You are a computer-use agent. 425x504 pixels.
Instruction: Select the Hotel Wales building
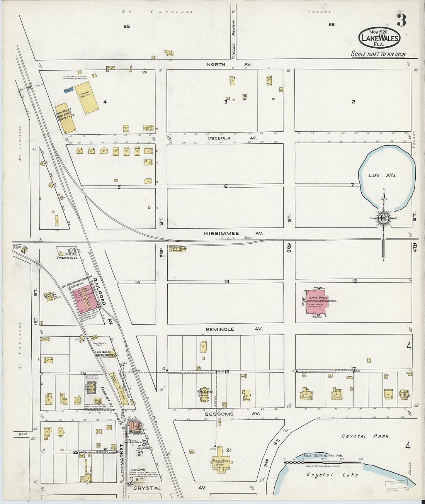[221, 460]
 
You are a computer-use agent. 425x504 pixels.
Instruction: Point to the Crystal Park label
[365, 436]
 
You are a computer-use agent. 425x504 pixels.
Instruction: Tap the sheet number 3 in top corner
[401, 21]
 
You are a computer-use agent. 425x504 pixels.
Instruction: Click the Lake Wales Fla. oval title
[379, 37]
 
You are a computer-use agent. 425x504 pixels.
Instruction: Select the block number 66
[331, 24]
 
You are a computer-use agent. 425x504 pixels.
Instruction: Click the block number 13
[226, 282]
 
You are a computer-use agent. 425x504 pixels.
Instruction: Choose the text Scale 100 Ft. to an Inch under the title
[378, 54]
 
